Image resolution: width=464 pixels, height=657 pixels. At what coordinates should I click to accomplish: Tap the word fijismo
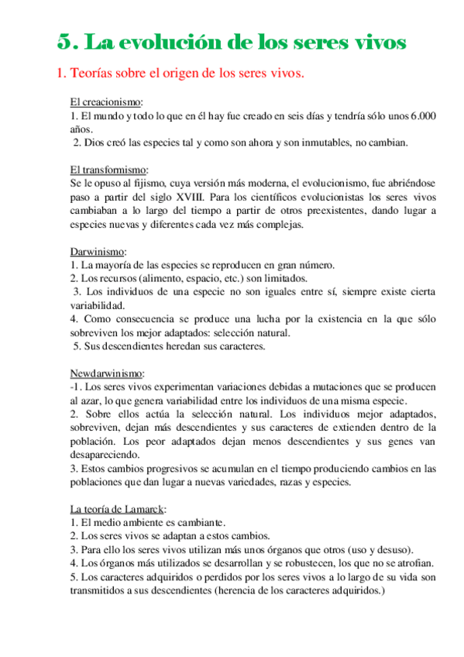[142, 184]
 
